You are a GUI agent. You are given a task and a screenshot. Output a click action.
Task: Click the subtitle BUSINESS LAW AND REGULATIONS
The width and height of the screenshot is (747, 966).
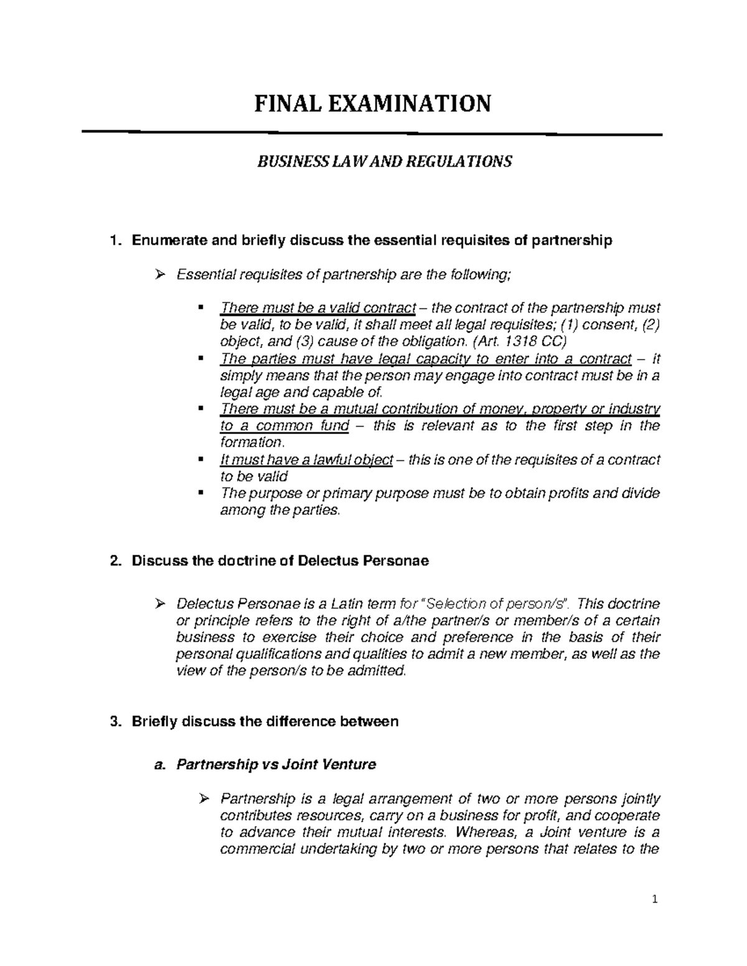click(x=385, y=162)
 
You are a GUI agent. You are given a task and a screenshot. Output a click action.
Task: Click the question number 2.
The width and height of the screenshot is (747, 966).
click(x=113, y=561)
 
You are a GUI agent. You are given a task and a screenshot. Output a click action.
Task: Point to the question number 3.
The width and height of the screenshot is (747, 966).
click(x=113, y=722)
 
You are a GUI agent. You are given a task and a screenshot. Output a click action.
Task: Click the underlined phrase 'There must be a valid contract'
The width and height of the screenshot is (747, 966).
click(x=318, y=309)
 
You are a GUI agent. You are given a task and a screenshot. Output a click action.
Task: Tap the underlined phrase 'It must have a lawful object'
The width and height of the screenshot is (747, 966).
click(x=307, y=460)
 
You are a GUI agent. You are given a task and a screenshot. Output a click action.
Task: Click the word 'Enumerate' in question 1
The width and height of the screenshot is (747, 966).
click(x=164, y=241)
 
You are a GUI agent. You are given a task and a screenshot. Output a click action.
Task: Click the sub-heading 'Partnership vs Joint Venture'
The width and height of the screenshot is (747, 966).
click(x=276, y=765)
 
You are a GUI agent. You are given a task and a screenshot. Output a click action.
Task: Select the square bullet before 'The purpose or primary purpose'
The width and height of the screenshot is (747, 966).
click(x=200, y=493)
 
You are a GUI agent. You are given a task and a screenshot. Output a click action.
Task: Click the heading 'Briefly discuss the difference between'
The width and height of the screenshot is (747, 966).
click(x=265, y=722)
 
